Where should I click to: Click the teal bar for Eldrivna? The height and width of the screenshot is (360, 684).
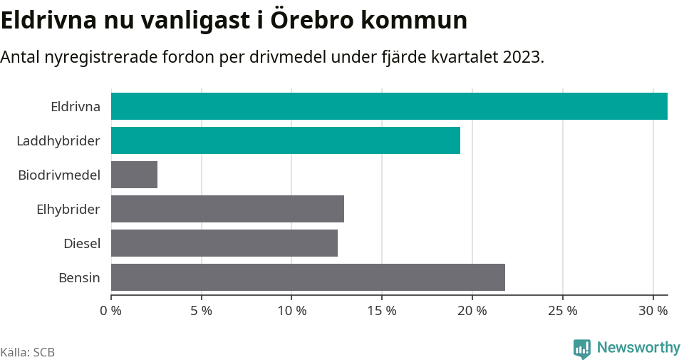(389, 106)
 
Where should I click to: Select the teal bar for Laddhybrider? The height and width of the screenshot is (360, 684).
(285, 140)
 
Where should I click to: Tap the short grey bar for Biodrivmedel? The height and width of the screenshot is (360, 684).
(134, 175)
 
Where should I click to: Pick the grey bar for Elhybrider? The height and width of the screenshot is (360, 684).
(227, 209)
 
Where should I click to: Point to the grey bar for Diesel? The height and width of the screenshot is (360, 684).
(224, 243)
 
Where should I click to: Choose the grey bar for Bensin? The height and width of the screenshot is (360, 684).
(308, 277)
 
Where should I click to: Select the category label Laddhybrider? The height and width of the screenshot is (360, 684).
(58, 141)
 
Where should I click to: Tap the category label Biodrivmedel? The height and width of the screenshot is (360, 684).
(59, 175)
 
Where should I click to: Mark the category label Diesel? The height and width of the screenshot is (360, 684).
(81, 244)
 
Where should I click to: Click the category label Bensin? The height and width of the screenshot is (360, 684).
(79, 278)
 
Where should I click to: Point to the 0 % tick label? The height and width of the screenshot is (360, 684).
(111, 311)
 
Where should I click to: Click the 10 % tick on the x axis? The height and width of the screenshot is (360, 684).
(291, 311)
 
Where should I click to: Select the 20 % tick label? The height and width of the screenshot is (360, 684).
(472, 311)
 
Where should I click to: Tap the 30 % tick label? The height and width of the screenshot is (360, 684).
(653, 311)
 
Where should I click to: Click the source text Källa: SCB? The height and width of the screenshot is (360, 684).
(28, 352)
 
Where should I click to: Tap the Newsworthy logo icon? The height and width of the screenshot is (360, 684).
(581, 348)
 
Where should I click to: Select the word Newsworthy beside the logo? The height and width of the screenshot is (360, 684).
(638, 348)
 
